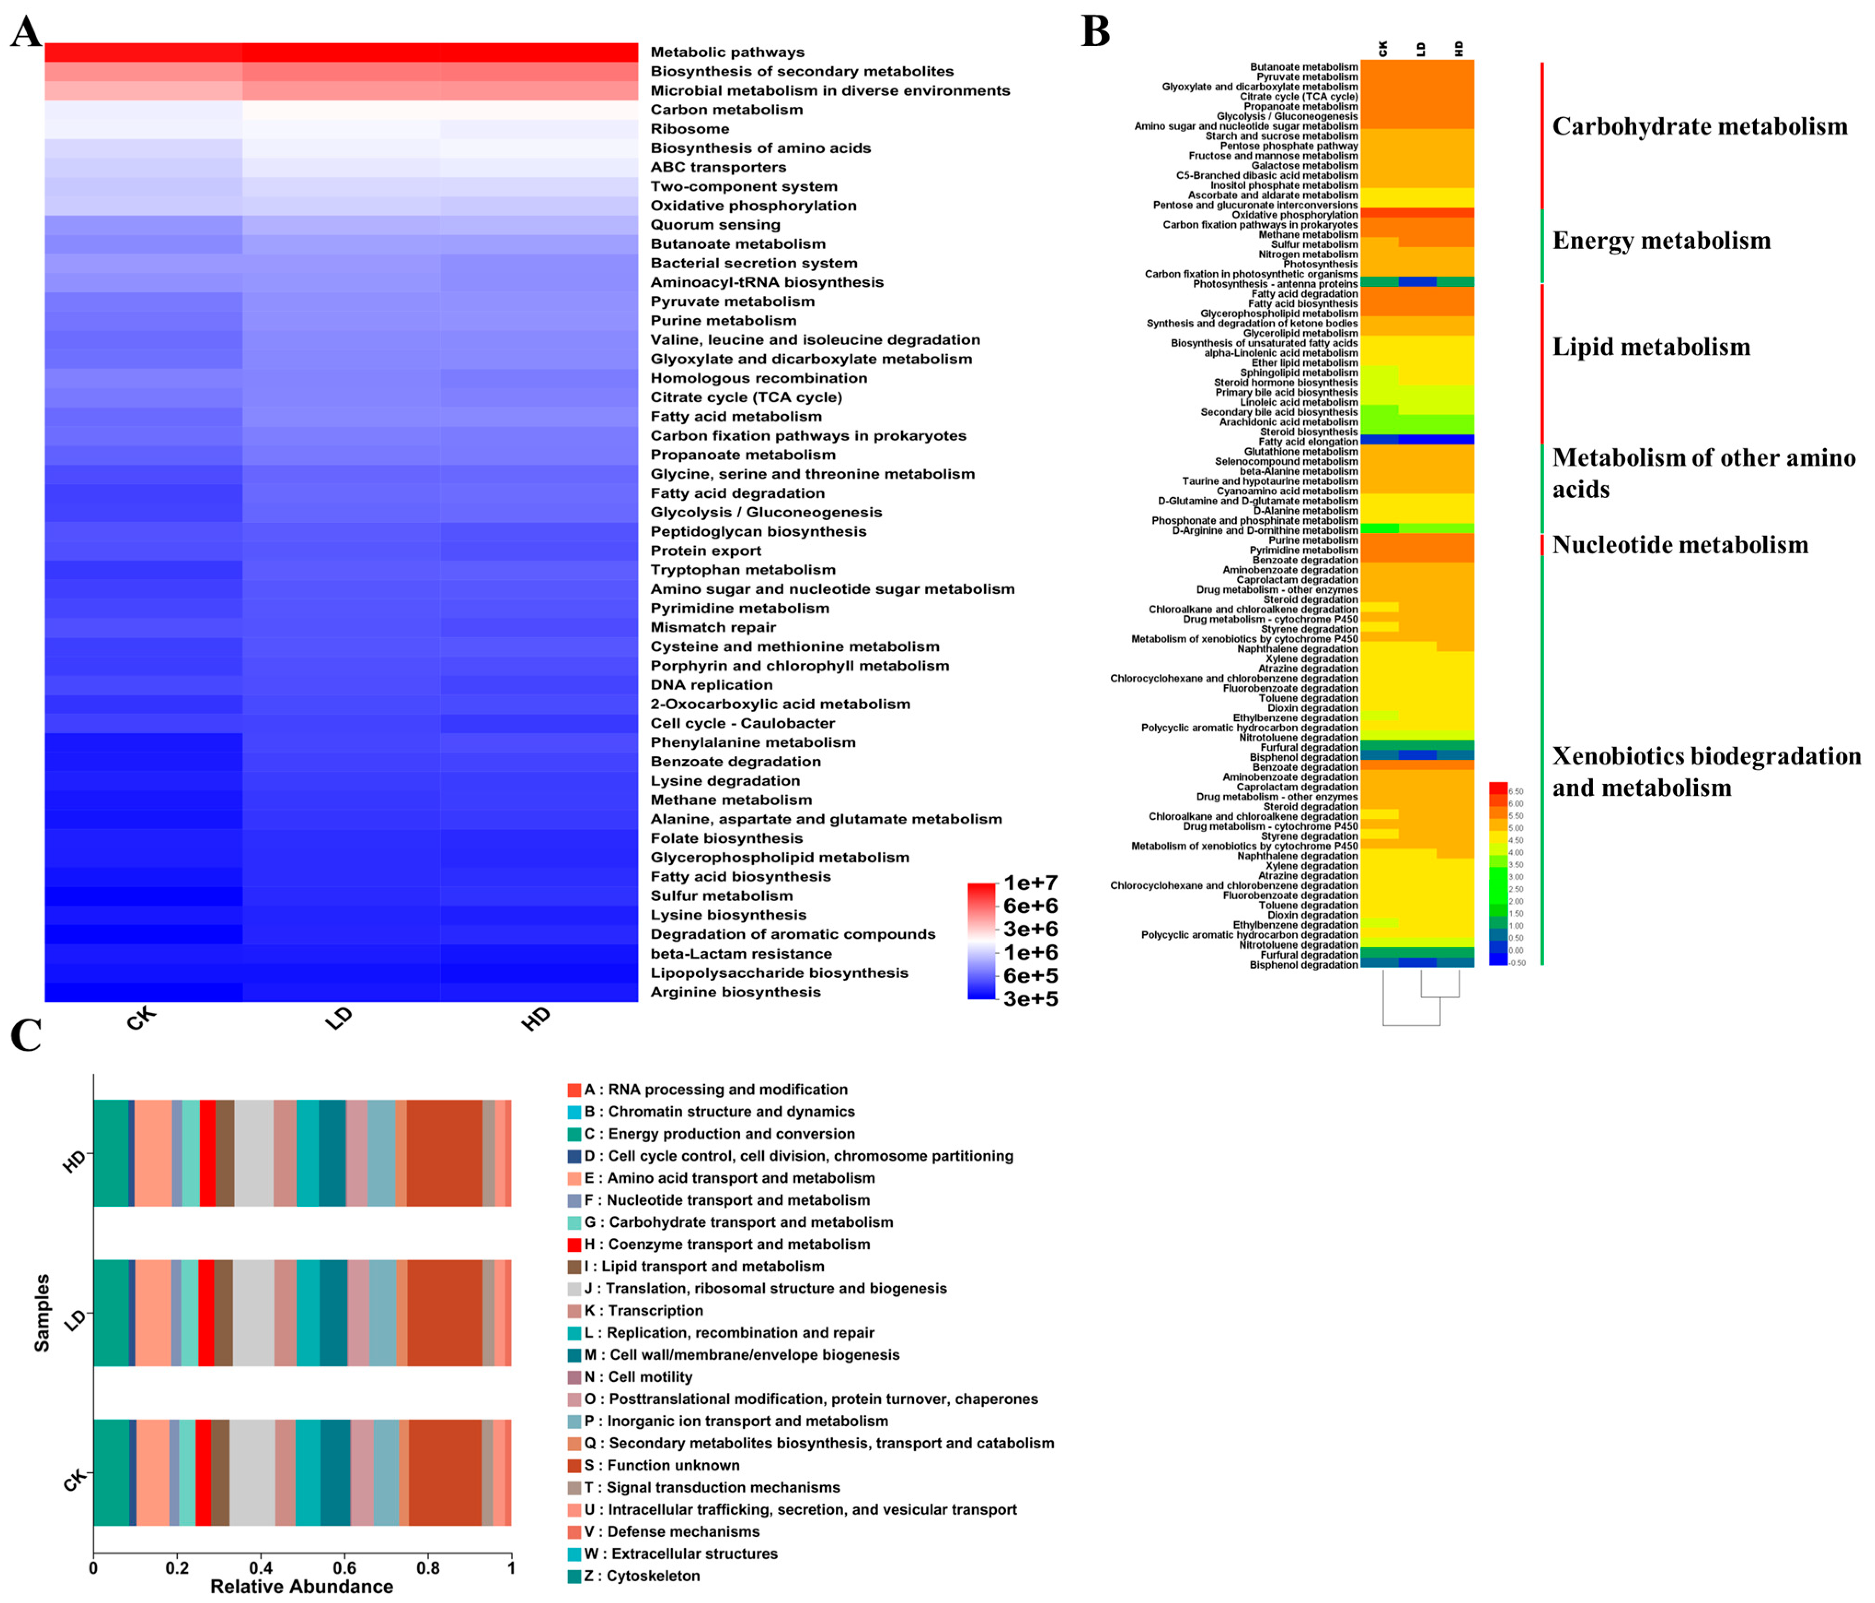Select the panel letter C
(x=26, y=1035)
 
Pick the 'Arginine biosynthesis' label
(x=735, y=992)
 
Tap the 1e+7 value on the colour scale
(x=1031, y=883)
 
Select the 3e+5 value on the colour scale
(x=1031, y=998)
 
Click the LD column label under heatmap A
(x=339, y=1019)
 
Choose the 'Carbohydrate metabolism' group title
(x=1699, y=127)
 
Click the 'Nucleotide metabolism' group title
(x=1679, y=545)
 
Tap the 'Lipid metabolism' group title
(x=1651, y=347)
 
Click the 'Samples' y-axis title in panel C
(x=41, y=1314)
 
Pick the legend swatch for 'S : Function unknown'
(x=574, y=1465)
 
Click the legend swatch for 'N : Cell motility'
(x=574, y=1377)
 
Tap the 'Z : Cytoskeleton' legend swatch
(x=574, y=1576)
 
